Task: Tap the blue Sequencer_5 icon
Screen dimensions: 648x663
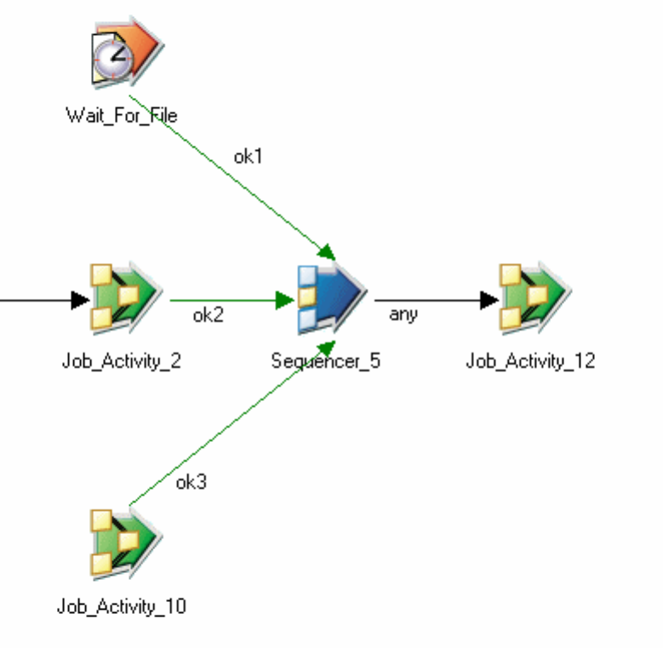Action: point(329,297)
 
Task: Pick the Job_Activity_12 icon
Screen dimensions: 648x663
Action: point(534,297)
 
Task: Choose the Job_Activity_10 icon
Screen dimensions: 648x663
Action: point(125,542)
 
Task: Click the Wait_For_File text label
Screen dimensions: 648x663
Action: point(122,115)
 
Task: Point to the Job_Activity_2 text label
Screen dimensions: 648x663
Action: point(122,361)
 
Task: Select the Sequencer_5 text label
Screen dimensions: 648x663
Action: point(326,361)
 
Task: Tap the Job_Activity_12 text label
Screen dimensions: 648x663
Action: point(530,361)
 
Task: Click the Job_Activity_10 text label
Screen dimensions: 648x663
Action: point(122,606)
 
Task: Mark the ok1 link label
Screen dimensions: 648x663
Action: point(248,157)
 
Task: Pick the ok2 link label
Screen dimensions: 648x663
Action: point(208,316)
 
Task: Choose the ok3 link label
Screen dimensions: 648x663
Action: point(191,483)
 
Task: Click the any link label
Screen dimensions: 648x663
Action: point(403,314)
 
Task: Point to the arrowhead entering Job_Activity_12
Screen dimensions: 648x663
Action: point(489,300)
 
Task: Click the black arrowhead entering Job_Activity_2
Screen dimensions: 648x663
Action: point(80,300)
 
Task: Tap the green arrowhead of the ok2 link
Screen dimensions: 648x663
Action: point(284,300)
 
